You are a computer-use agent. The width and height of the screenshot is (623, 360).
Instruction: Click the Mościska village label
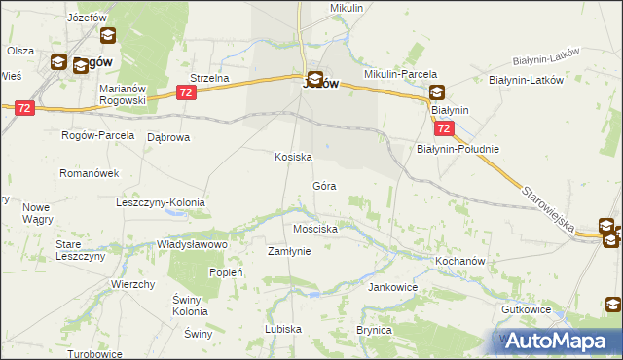(x=315, y=230)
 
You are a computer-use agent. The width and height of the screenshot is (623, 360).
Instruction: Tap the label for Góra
(x=324, y=185)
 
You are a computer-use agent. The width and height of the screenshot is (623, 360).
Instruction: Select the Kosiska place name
(x=292, y=157)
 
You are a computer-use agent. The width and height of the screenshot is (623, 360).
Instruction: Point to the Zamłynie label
(x=289, y=251)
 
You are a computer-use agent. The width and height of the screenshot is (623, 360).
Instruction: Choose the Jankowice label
(x=392, y=288)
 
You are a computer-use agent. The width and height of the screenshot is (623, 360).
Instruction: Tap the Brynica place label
(x=373, y=331)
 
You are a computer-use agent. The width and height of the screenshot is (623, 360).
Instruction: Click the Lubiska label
(x=283, y=329)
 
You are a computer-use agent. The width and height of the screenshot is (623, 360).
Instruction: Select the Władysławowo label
(x=192, y=245)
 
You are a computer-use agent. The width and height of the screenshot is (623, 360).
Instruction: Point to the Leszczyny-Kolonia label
(x=161, y=202)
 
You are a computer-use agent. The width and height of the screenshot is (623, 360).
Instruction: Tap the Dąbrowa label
(x=167, y=137)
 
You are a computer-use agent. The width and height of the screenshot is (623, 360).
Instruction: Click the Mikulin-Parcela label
(x=400, y=74)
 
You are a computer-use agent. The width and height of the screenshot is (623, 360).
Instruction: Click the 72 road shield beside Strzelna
(x=187, y=91)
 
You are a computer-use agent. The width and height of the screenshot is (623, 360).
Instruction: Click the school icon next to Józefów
(x=107, y=36)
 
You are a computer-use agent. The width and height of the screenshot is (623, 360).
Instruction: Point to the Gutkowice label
(x=554, y=309)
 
